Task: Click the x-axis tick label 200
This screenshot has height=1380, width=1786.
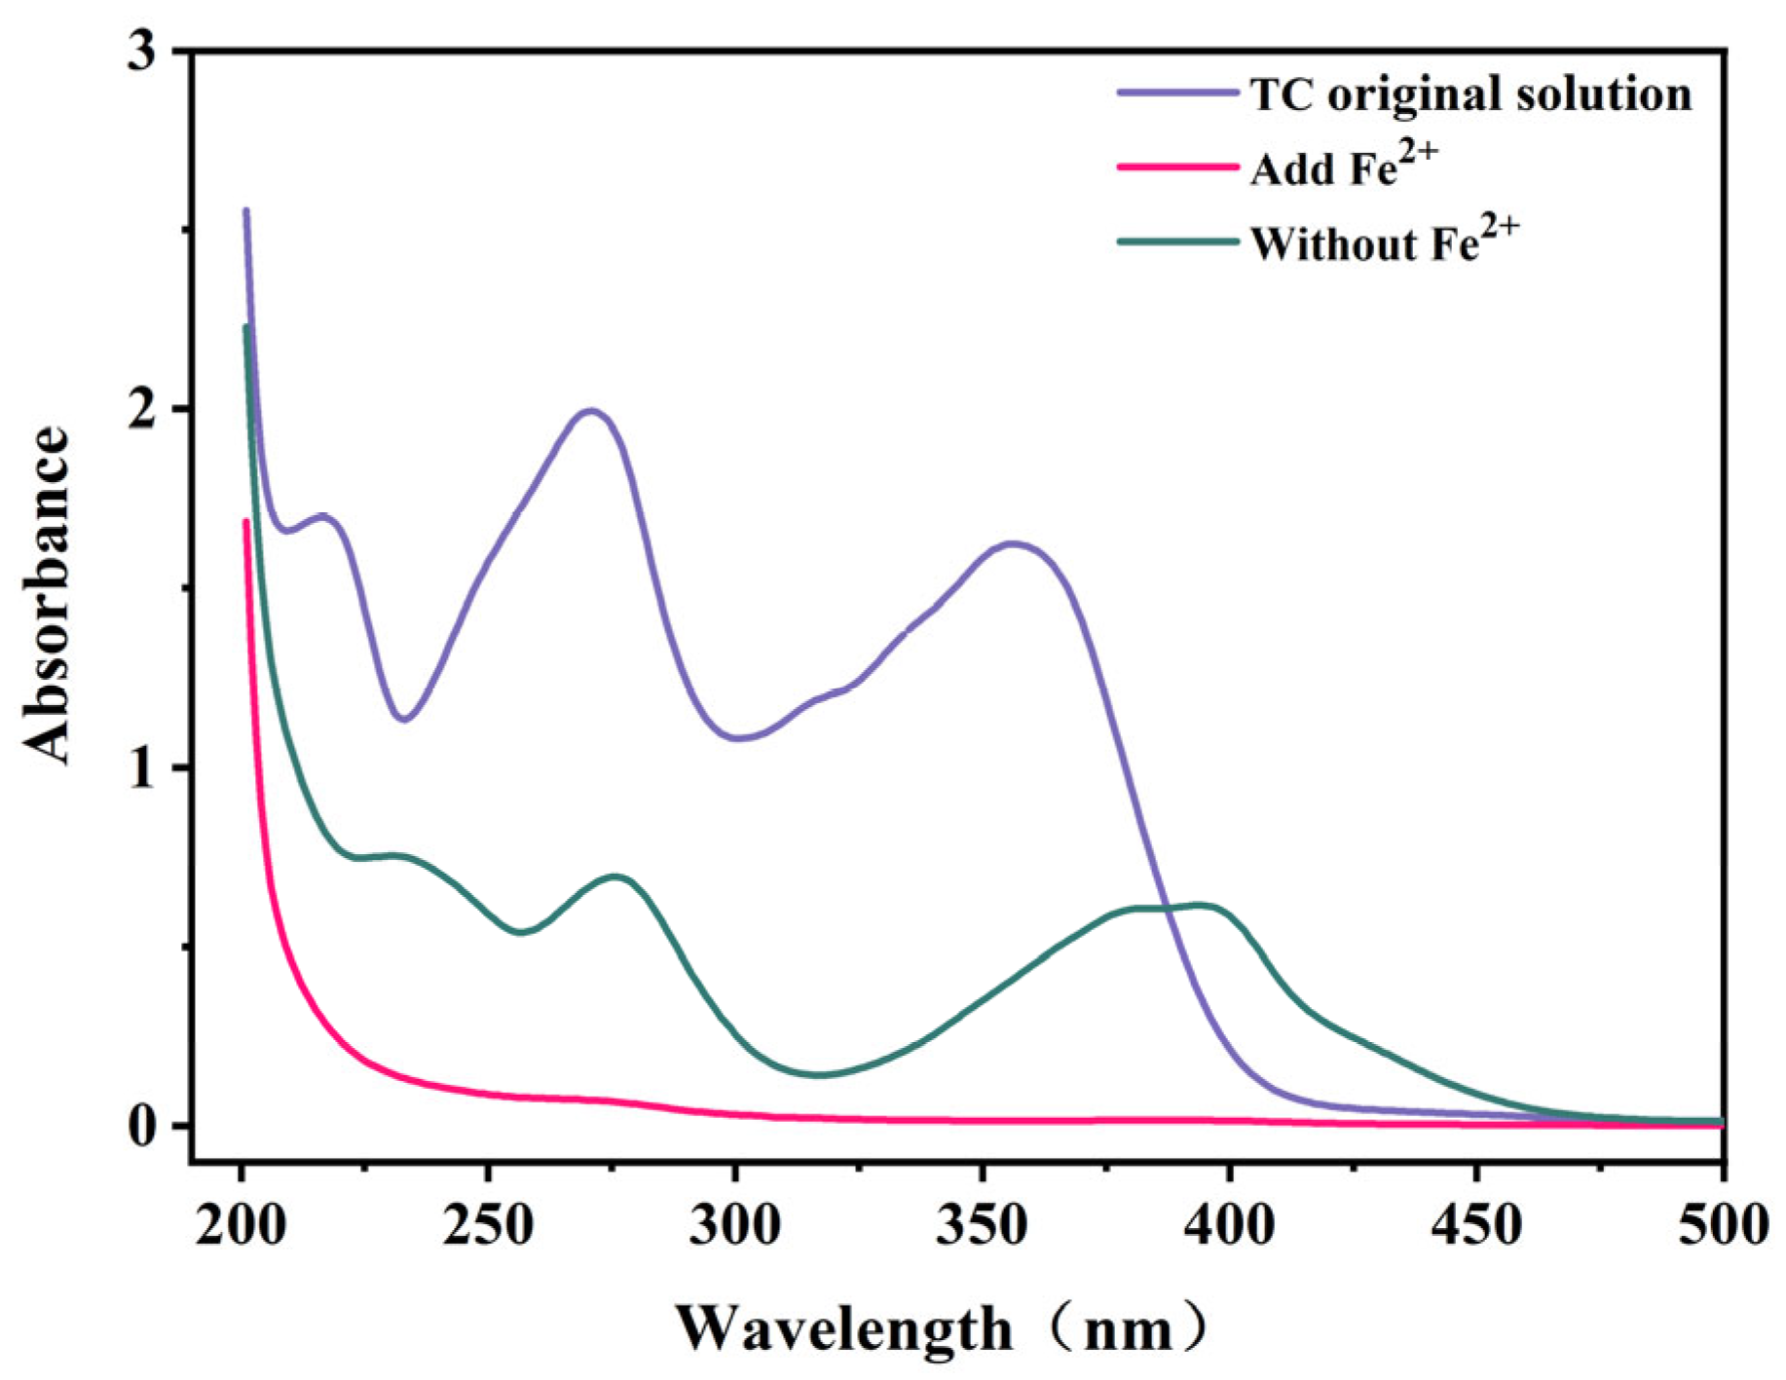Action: coord(241,1225)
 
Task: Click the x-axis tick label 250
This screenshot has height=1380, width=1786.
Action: coord(488,1225)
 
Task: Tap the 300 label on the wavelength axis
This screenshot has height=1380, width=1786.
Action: coord(735,1225)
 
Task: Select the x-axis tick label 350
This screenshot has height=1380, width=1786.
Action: coord(983,1225)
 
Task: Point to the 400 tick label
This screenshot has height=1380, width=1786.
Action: coord(1230,1225)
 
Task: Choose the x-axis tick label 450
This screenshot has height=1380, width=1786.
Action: coord(1477,1225)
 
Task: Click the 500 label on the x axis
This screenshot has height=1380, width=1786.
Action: coord(1722,1225)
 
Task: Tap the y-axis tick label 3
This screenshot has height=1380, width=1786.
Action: coord(142,51)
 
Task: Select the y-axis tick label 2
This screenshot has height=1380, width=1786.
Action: coord(142,409)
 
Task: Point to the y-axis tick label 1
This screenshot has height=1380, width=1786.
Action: coord(142,767)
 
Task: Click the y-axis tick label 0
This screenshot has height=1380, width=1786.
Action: coord(142,1126)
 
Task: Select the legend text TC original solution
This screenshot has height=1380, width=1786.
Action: coord(1470,94)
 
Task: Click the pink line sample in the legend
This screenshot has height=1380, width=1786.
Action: coord(1176,168)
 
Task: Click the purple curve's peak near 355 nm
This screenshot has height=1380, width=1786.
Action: coord(1013,543)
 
